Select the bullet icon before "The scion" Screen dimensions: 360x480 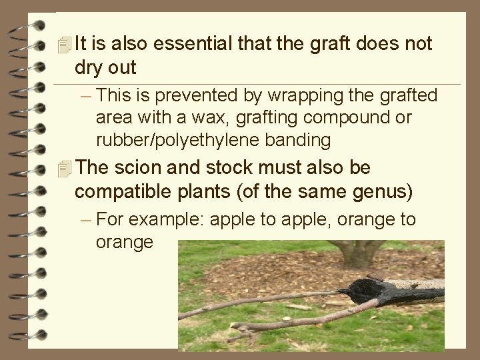pyautogui.click(x=63, y=169)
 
